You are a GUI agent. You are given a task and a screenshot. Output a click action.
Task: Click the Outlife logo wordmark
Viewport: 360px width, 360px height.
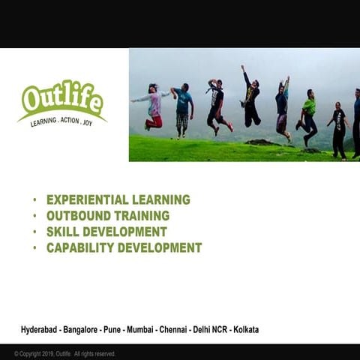[62, 98]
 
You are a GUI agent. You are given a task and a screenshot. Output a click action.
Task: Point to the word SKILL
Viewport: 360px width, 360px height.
[62, 232]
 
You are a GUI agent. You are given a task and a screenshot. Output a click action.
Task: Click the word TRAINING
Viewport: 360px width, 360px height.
[142, 216]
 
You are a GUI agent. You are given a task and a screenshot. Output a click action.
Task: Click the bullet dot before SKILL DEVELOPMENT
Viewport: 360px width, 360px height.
[34, 232]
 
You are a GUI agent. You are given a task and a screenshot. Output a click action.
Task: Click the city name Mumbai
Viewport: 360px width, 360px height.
[139, 329]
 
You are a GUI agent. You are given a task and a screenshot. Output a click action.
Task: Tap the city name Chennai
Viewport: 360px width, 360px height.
[174, 329]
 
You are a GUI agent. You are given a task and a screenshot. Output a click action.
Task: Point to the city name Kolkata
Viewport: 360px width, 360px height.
[245, 329]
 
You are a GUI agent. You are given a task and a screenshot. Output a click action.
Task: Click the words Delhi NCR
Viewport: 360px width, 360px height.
[209, 329]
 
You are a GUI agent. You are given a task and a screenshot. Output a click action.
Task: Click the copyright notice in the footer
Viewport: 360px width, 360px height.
[64, 354]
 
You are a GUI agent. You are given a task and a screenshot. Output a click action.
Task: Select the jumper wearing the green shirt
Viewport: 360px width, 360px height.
[309, 112]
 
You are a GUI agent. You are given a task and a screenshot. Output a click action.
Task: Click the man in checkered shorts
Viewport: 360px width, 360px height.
[183, 109]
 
